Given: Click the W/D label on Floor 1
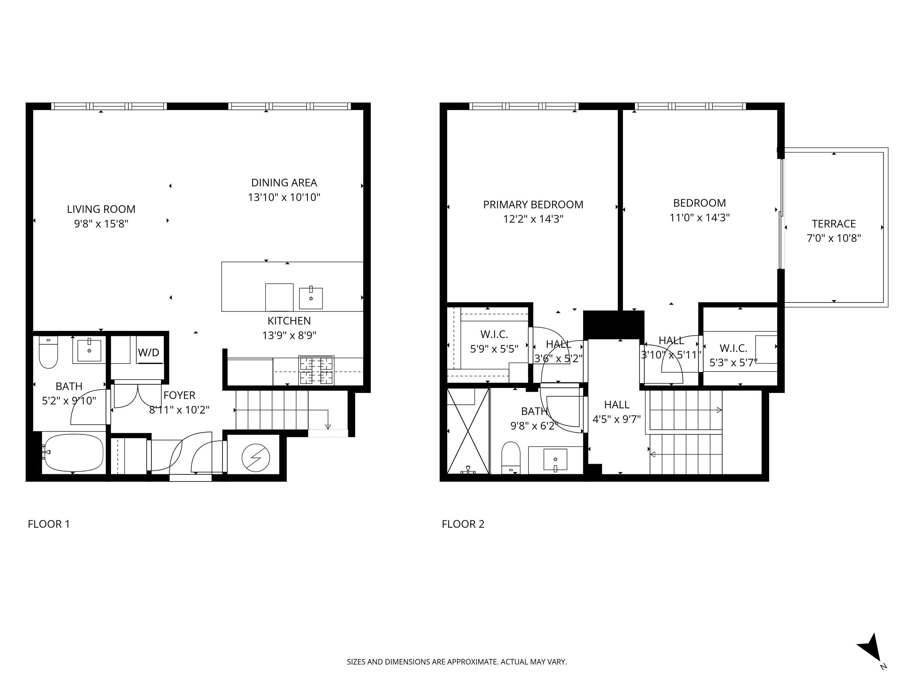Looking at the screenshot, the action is pyautogui.click(x=148, y=353).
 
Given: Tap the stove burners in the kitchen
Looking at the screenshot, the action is pyautogui.click(x=317, y=370).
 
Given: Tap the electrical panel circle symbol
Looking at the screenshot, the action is pyautogui.click(x=256, y=458).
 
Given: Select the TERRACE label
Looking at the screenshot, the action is pyautogui.click(x=833, y=224).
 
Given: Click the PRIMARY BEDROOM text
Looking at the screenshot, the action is pyautogui.click(x=533, y=204).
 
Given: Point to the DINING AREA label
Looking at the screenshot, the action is pyautogui.click(x=284, y=183).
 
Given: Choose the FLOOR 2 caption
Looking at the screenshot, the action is pyautogui.click(x=463, y=524).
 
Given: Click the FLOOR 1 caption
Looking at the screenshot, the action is pyautogui.click(x=49, y=524).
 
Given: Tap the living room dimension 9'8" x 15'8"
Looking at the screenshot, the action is pyautogui.click(x=101, y=224).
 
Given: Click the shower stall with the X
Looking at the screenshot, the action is pyautogui.click(x=468, y=431).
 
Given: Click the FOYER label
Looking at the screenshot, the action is pyautogui.click(x=179, y=395).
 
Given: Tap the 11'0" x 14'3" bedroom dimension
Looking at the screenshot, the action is pyautogui.click(x=699, y=218).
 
